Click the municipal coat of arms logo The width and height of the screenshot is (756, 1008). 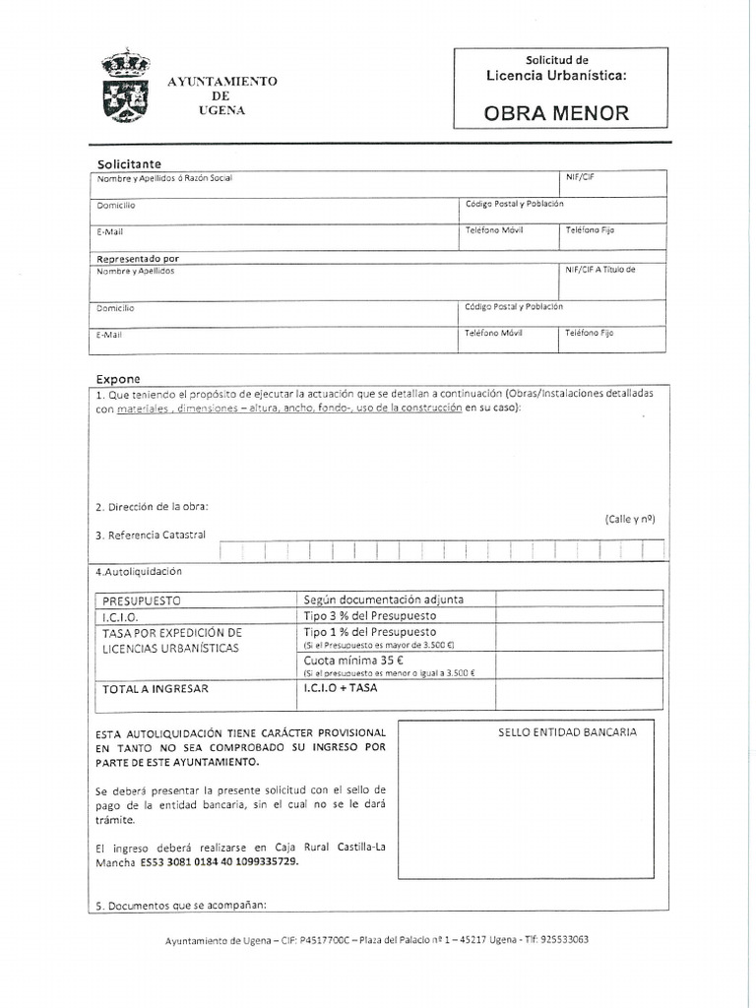click(125, 88)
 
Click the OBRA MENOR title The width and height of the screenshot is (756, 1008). click(555, 112)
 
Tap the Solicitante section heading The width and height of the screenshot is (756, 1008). click(129, 163)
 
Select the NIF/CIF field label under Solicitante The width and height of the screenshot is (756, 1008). click(580, 177)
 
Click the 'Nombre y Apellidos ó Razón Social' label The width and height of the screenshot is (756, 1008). click(164, 178)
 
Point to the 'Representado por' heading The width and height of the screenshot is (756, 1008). click(138, 258)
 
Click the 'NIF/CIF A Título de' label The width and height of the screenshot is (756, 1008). click(600, 270)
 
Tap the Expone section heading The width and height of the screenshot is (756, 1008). click(118, 378)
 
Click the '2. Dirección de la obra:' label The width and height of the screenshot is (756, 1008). click(153, 507)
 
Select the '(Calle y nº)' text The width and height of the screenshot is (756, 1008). click(630, 519)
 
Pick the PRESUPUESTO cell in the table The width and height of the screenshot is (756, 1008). click(143, 599)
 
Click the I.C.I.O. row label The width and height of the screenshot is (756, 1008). click(120, 616)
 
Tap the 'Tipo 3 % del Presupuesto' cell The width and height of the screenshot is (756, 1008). click(370, 615)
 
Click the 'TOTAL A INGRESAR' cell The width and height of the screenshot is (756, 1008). click(156, 689)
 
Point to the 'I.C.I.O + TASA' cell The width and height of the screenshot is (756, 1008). click(341, 688)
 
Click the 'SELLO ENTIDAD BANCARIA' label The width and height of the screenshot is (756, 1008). click(568, 732)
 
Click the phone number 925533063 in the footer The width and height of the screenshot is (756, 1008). click(559, 939)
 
